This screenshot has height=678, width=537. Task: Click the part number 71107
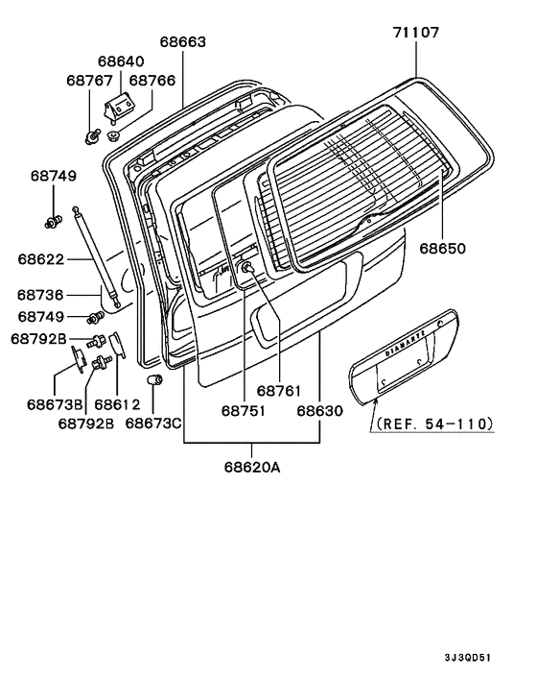[416, 33]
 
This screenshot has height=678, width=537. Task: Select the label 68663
[183, 42]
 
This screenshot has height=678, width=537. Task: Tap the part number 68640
[121, 61]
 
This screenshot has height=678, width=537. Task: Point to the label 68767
[89, 81]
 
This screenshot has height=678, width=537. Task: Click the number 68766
[152, 81]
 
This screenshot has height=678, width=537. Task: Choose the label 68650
[443, 249]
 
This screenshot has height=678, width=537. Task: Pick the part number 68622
[41, 259]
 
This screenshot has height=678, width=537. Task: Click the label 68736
[40, 295]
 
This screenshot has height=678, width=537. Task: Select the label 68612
[117, 404]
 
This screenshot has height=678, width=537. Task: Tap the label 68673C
[153, 423]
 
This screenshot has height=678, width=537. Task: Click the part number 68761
[278, 391]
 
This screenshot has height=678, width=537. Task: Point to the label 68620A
[252, 468]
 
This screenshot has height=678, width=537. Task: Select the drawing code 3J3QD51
[468, 658]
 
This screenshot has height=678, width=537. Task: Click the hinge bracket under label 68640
[117, 109]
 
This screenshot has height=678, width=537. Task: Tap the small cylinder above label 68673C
[154, 379]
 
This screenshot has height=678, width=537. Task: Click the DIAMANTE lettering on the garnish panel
[405, 344]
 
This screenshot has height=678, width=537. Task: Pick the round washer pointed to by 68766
[113, 135]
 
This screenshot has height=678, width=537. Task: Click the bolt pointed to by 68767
[92, 136]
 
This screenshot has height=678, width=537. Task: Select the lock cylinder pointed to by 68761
[247, 268]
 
